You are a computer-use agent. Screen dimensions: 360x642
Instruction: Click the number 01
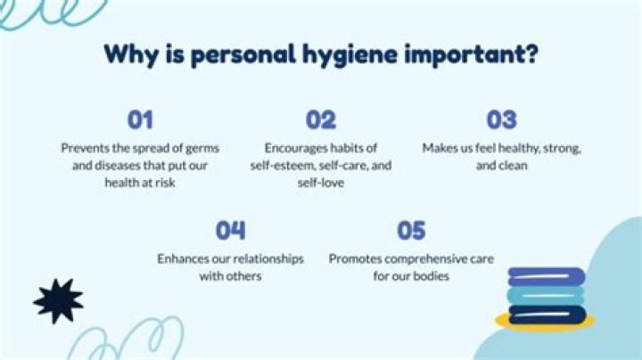(x=141, y=119)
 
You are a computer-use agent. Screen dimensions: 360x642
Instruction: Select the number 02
(x=321, y=119)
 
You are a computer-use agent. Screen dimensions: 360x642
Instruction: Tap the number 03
(x=502, y=119)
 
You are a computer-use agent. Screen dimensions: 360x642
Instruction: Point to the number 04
(x=231, y=231)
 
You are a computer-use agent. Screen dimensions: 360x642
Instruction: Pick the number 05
(x=411, y=231)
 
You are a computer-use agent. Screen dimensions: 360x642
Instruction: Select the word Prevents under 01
(x=86, y=147)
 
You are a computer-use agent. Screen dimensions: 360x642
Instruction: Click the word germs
(x=201, y=147)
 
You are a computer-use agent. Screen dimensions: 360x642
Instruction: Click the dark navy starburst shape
(x=58, y=299)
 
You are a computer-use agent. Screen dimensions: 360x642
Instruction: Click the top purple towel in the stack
(x=547, y=277)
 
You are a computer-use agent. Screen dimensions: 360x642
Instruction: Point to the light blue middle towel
(x=547, y=294)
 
